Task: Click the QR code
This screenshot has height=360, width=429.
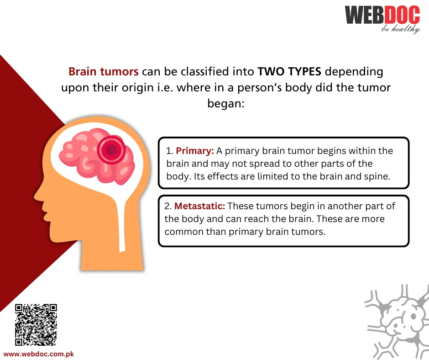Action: pyautogui.click(x=36, y=325)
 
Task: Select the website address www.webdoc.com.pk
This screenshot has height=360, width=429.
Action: pyautogui.click(x=39, y=354)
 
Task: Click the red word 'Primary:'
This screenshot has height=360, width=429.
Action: pyautogui.click(x=195, y=151)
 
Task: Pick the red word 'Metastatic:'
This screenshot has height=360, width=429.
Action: pyautogui.click(x=200, y=206)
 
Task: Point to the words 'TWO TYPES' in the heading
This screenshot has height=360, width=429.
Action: pyautogui.click(x=289, y=72)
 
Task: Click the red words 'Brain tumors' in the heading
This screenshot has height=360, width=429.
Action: pyautogui.click(x=104, y=72)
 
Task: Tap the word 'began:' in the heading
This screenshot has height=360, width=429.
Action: pyautogui.click(x=226, y=104)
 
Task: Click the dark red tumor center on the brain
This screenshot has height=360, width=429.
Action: pyautogui.click(x=111, y=150)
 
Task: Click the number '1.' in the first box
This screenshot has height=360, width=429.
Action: pyautogui.click(x=170, y=151)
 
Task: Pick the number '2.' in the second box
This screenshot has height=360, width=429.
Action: pyautogui.click(x=168, y=206)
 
